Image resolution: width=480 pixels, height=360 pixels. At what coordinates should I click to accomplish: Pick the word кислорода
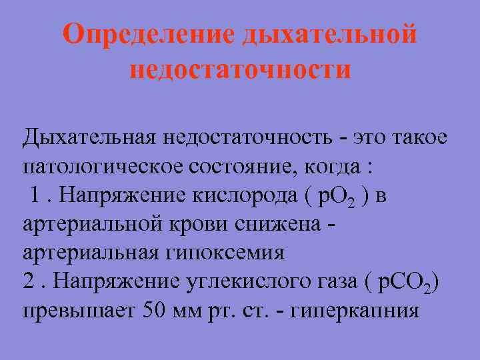coord(248,195)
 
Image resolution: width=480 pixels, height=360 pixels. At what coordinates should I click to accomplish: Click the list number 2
coord(29,282)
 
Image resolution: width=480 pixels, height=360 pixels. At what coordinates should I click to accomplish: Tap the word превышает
coord(79,311)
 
